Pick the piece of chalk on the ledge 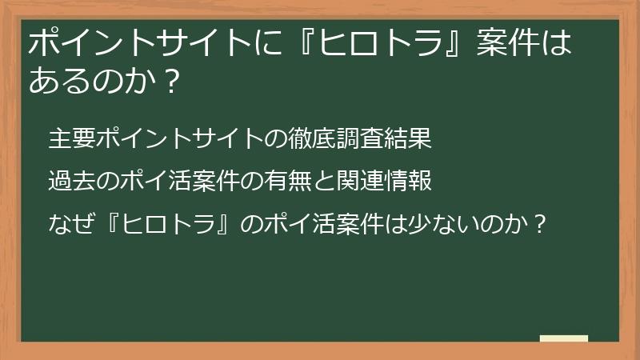pos(563,339)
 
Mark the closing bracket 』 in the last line pos(226,225)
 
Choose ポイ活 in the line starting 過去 pos(167,182)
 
